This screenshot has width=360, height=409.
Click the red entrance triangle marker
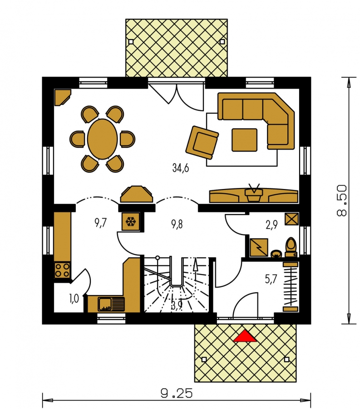(x=245, y=336)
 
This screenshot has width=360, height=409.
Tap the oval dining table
(x=103, y=139)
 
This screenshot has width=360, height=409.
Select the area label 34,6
(x=181, y=168)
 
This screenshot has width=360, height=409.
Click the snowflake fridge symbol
(x=131, y=221)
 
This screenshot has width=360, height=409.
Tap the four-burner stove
(x=63, y=270)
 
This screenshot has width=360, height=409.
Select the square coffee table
(x=244, y=140)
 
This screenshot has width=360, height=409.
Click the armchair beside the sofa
(x=202, y=142)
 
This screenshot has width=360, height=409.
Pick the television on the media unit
(x=253, y=193)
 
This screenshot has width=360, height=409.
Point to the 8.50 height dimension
(x=341, y=200)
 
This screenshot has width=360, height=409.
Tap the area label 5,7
(x=271, y=279)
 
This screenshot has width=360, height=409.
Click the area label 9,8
(x=177, y=224)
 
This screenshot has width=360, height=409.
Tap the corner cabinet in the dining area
(x=63, y=97)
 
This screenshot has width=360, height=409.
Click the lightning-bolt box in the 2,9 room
(x=259, y=247)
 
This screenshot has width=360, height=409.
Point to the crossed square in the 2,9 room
(x=291, y=219)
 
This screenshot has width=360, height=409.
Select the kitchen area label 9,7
(x=100, y=224)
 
